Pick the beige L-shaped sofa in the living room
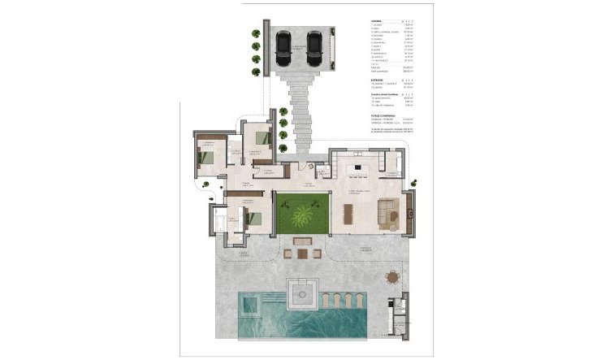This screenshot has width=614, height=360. click(389, 213)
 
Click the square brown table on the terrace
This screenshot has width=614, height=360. click(302, 253)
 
